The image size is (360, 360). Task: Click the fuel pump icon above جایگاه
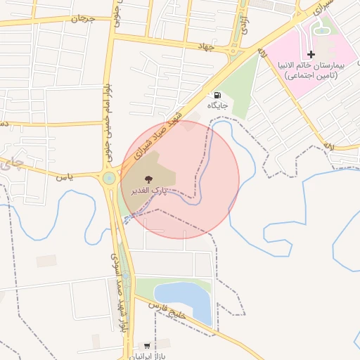click(x=217, y=96)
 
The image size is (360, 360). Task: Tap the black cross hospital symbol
click(x=311, y=54)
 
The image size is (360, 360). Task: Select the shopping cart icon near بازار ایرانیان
click(x=146, y=345)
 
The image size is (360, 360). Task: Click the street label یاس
click(x=66, y=178)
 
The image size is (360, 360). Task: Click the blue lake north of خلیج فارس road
click(x=184, y=299)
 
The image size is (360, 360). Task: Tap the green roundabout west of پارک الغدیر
click(x=109, y=179)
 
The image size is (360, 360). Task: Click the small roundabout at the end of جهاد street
click(x=233, y=51)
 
